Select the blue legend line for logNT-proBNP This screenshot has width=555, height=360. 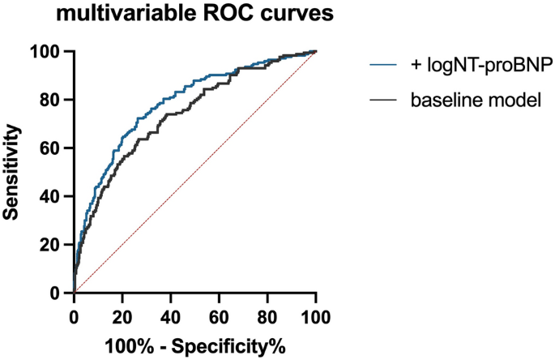coord(385,62)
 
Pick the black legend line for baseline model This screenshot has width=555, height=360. coord(385,101)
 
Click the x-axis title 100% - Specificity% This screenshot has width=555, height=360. coord(194,347)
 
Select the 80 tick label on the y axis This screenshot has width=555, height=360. coord(54,100)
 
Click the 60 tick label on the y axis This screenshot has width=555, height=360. coord(54,148)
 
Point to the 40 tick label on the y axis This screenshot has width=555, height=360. coord(54,196)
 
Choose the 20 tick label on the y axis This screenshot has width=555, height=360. coord(54,244)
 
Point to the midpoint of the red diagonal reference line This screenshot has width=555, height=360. coord(194,172)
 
